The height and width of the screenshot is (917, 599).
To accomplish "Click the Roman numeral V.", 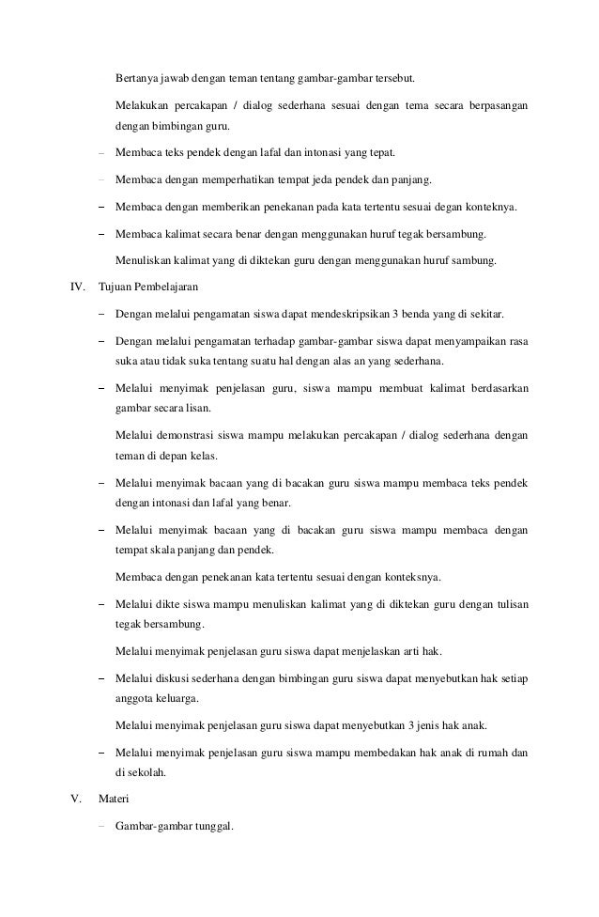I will pos(76,800).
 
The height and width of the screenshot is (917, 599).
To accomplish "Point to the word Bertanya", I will pos(135,76).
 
